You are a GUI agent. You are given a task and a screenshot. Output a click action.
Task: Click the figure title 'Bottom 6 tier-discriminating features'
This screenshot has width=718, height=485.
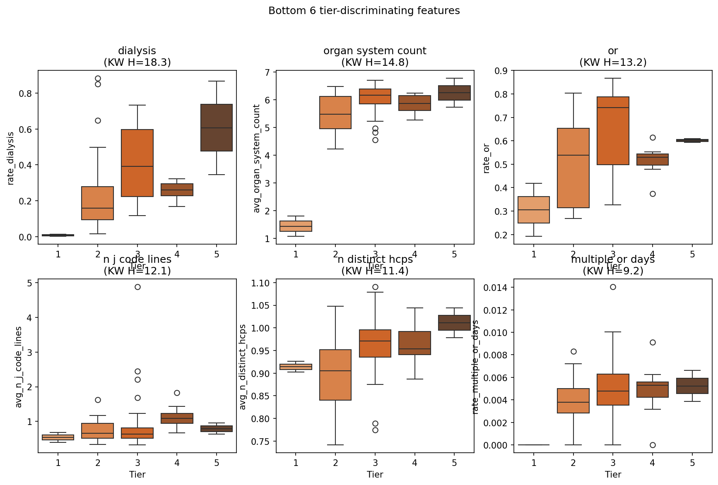(364, 11)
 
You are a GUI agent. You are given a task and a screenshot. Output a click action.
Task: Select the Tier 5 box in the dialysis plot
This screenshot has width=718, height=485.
(217, 127)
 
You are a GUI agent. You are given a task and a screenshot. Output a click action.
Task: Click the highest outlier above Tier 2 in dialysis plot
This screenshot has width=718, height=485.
(98, 78)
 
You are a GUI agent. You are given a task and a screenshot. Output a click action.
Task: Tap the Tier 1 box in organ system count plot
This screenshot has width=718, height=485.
(296, 226)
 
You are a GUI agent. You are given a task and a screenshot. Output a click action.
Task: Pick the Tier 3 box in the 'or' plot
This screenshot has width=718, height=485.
(613, 131)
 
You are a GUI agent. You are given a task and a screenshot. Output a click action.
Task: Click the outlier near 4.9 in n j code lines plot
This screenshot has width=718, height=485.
(137, 287)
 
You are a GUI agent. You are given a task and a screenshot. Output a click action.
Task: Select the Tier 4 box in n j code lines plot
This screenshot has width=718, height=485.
(177, 418)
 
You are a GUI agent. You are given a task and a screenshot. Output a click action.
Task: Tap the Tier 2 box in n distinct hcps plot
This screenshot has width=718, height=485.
(335, 375)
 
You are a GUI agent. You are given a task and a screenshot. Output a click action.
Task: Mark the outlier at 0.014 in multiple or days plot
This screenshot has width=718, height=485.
(613, 287)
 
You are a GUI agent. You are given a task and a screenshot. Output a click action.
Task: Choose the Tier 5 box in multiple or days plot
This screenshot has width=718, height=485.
(692, 386)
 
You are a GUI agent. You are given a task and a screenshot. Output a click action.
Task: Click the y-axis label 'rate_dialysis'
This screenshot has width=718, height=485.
(11, 158)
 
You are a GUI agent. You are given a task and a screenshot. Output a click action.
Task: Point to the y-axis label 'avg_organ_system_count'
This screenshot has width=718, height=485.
(257, 158)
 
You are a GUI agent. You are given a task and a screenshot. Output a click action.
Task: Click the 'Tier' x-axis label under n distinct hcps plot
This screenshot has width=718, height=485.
(375, 474)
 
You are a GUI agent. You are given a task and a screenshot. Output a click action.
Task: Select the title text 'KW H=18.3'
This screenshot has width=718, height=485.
(137, 62)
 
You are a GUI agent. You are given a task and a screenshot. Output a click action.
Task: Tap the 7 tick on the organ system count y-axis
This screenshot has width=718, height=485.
(267, 72)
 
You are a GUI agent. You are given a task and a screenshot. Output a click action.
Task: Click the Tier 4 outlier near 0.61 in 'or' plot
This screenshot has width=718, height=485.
(653, 137)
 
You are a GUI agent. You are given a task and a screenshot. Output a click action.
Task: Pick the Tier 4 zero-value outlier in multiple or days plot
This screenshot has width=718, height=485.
(653, 445)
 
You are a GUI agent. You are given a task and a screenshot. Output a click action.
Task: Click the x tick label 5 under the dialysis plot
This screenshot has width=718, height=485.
(217, 254)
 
